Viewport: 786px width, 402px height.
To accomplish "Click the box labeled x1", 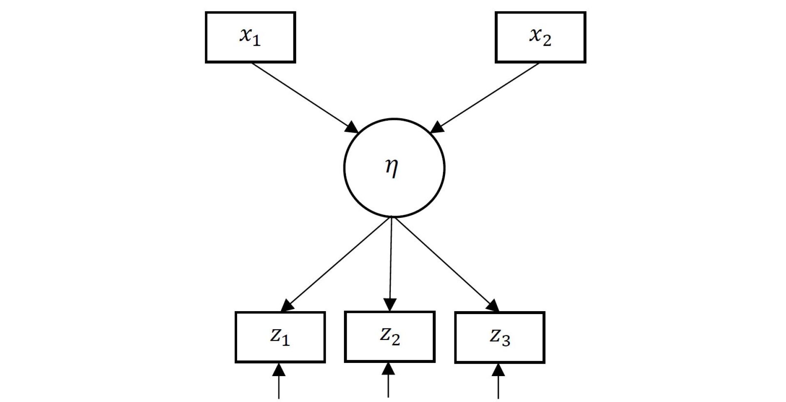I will coord(250,37).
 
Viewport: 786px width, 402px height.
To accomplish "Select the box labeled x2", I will coord(540,37).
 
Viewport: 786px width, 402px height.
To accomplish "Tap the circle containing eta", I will coord(394,168).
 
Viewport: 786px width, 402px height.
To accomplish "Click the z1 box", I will coord(280,337).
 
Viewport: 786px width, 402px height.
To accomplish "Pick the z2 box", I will coord(389,337).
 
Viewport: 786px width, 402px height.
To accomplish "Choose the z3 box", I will coord(500,337).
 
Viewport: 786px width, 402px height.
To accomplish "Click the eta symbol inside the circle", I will coord(392,168).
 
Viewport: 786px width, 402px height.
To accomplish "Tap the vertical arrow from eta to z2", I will coord(391,263).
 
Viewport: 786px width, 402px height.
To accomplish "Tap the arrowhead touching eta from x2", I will coord(437,127).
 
